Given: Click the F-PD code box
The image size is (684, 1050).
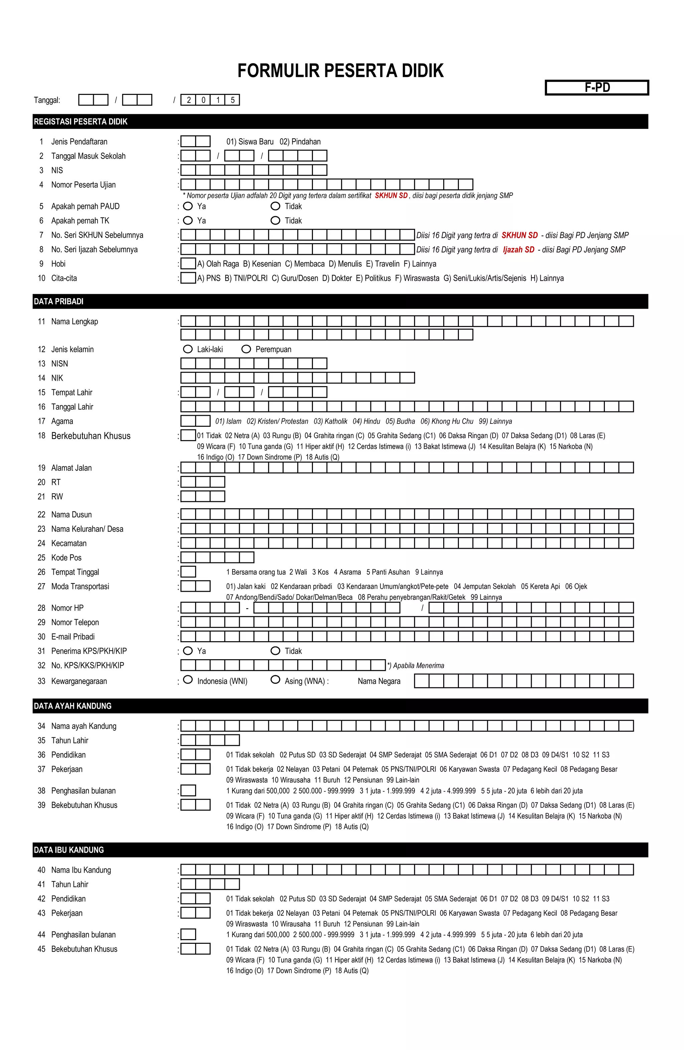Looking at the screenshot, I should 596,87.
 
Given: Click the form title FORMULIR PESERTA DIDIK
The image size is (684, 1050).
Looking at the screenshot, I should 340,70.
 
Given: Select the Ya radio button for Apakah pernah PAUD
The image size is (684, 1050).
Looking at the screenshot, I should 188,206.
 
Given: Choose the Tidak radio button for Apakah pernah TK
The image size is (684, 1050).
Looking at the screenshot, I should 275,221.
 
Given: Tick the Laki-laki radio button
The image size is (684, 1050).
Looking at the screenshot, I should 188,349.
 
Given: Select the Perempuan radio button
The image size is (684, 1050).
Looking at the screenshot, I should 246,349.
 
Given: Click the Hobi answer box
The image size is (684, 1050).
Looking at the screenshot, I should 188,264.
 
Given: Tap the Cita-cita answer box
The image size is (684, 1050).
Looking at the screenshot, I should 188,278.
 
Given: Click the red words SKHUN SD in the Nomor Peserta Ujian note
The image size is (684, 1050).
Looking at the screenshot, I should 391,195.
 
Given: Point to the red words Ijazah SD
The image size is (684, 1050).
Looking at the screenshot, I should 519,250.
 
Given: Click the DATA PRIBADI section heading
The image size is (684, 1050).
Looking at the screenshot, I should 59,301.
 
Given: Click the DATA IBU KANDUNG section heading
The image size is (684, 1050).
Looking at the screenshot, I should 69,850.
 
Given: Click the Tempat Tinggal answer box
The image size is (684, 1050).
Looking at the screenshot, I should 188,572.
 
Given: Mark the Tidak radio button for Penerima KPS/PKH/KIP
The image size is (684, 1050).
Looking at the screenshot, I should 275,651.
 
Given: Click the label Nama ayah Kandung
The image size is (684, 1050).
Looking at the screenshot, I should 84,726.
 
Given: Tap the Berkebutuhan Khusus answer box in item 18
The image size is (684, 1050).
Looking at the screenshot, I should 188,435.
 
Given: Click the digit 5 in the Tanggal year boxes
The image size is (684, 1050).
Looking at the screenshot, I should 232,100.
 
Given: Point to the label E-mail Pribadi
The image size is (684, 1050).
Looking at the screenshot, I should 73,637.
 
